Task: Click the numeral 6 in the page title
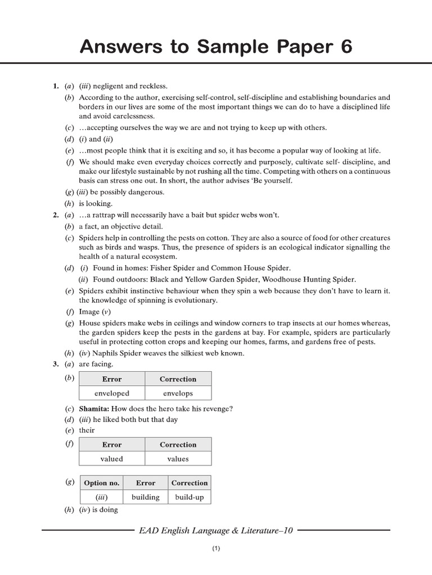point(344,47)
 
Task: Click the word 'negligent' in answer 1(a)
point(109,86)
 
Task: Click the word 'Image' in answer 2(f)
point(89,312)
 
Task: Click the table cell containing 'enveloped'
point(112,393)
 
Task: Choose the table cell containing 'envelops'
point(178,393)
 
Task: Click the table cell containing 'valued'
point(112,459)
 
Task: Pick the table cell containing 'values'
point(178,459)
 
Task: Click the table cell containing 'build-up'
point(189,497)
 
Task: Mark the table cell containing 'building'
point(145,497)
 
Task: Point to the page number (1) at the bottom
point(216,549)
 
